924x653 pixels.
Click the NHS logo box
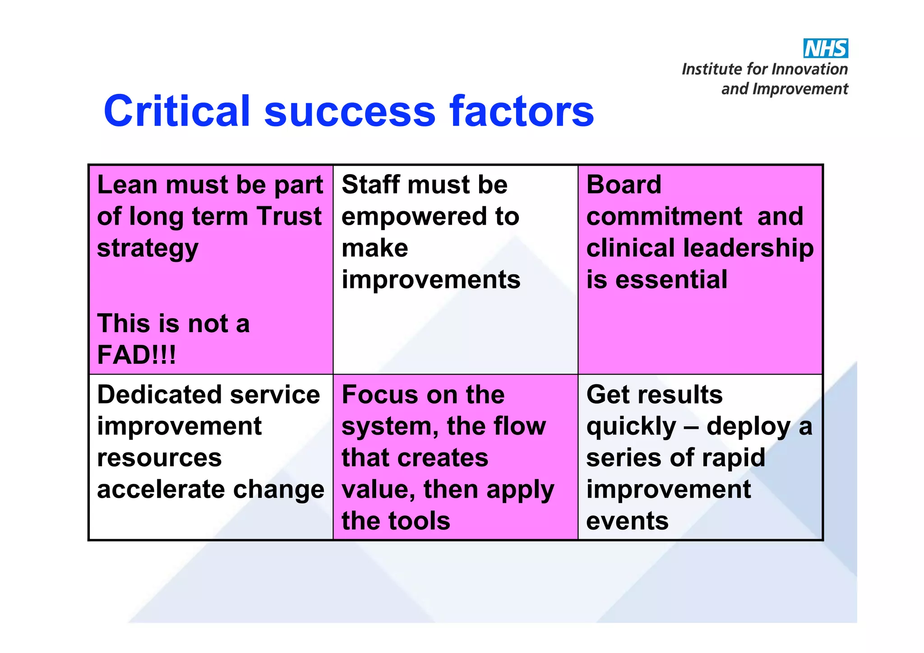(x=825, y=48)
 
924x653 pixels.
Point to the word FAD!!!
(x=136, y=355)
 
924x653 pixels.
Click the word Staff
(x=370, y=185)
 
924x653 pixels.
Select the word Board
(x=624, y=185)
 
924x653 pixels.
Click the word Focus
(x=379, y=395)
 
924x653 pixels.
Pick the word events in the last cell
(x=627, y=521)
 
